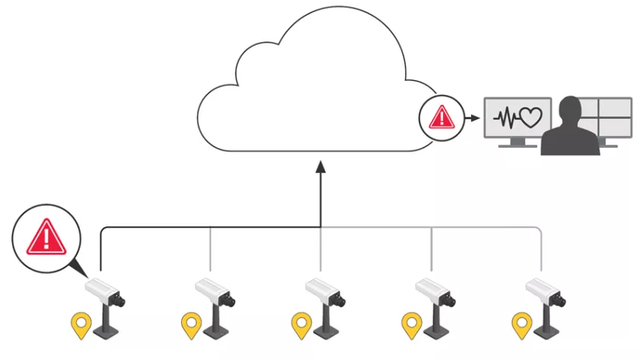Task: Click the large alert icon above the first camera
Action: (x=47, y=236)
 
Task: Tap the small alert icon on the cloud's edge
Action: (x=440, y=118)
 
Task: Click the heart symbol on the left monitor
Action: (x=531, y=118)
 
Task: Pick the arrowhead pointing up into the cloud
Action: (x=321, y=166)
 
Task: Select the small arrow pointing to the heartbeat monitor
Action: (x=472, y=118)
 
